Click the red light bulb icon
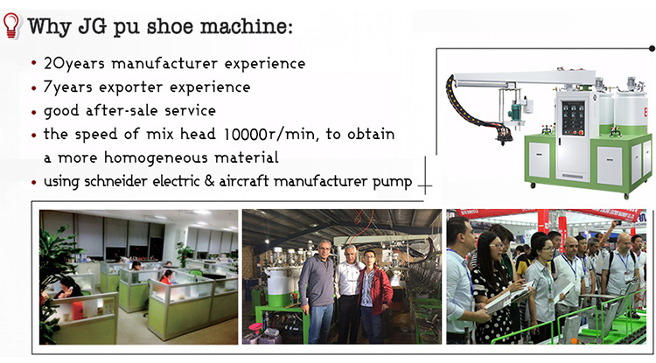click(x=11, y=25)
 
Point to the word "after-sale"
click(x=122, y=110)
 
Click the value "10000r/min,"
click(x=271, y=134)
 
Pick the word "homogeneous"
click(x=156, y=158)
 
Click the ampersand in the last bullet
click(x=209, y=182)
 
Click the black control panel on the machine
click(x=573, y=117)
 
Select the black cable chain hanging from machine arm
click(x=469, y=105)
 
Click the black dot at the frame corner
click(x=652, y=48)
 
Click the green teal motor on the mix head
click(x=515, y=112)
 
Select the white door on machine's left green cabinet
click(x=539, y=160)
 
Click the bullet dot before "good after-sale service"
click(x=34, y=112)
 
